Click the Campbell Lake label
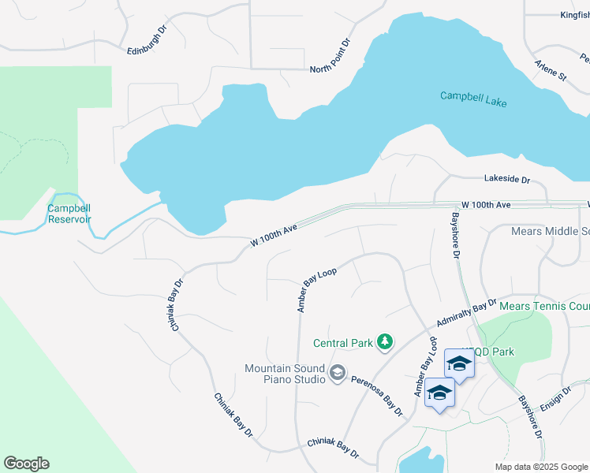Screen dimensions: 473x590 point(473,99)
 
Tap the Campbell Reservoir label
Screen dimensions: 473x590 point(69,214)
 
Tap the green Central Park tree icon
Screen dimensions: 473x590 point(384,342)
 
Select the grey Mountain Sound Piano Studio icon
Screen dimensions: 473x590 point(337,372)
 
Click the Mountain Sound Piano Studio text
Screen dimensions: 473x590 point(285,374)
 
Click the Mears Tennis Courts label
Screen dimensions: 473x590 point(544,306)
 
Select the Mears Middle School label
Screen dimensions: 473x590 point(550,231)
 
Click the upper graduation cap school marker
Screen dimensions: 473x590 point(459,363)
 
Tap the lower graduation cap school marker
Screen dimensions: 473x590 point(439,393)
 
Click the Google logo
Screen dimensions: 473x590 point(26,464)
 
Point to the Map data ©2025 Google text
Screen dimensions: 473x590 point(541,467)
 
